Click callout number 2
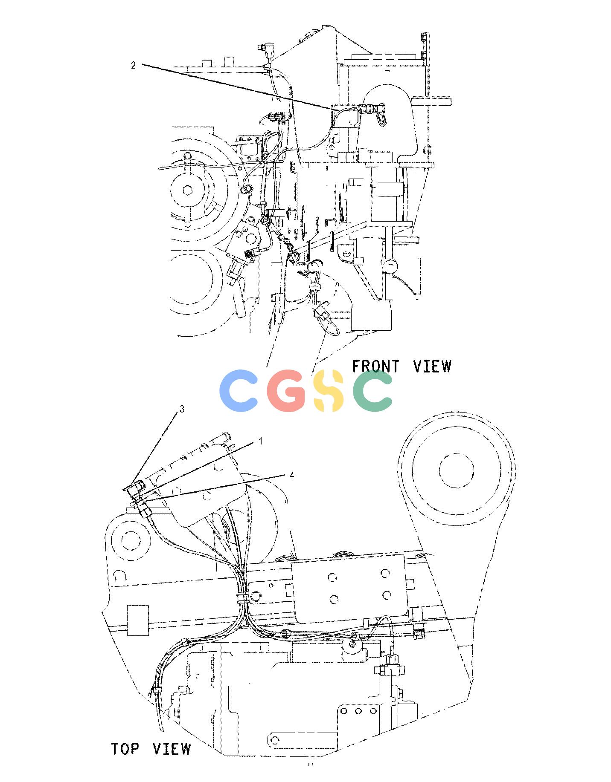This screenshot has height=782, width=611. click(x=133, y=66)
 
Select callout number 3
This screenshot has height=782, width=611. click(x=182, y=409)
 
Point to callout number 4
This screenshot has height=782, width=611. click(x=291, y=475)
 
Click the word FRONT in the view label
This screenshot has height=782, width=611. click(x=376, y=366)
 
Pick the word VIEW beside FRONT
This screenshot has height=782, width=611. click(x=433, y=366)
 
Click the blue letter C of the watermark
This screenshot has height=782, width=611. click(x=239, y=391)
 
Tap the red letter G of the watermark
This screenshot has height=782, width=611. click(x=286, y=391)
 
